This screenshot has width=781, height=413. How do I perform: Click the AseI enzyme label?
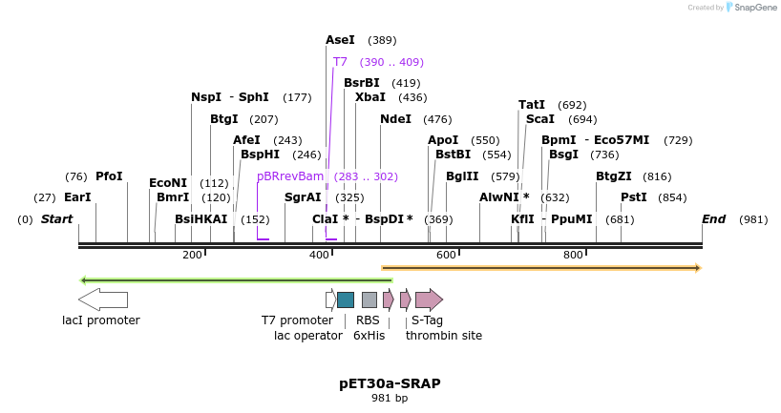340,40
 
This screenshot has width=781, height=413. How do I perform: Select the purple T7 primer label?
340,62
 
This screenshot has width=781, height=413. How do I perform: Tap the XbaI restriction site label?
370,97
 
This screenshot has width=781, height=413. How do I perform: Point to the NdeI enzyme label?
395,119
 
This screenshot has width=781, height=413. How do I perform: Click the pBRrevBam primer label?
290,176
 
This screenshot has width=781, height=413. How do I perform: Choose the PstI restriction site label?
634,197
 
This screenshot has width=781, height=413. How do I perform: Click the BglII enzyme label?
463,176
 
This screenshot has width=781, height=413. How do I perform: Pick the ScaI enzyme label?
540,119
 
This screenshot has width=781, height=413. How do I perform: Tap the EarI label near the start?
77,197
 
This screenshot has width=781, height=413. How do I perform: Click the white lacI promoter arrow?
103,299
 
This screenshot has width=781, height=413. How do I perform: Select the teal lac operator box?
346,299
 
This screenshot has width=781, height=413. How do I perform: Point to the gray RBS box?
369,299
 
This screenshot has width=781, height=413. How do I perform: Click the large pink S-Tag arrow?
429,299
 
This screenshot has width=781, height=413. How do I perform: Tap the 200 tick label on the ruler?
192,255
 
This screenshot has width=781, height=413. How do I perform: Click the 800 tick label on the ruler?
573,255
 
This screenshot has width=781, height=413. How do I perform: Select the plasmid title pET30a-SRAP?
390,383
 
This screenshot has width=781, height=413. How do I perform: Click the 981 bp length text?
390,398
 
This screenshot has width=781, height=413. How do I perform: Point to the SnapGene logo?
749,8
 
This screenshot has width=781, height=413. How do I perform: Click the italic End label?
714,219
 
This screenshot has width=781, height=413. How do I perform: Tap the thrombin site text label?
444,335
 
